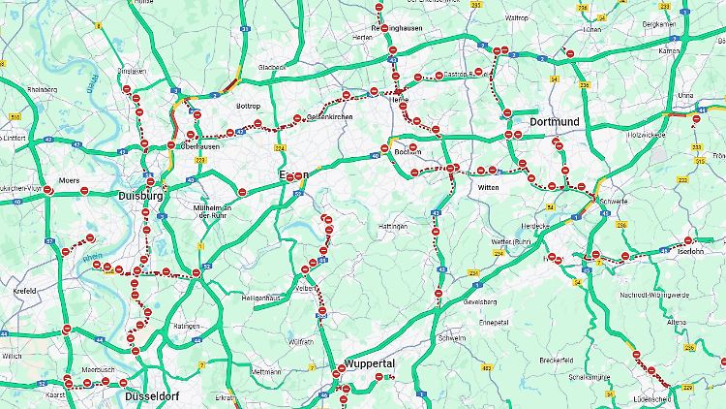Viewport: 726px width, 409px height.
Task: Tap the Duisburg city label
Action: tap(140, 196)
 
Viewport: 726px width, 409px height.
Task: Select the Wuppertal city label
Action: tap(370, 362)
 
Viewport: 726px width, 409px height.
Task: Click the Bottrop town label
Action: tap(249, 105)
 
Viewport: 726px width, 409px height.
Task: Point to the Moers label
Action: tap(69, 180)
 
